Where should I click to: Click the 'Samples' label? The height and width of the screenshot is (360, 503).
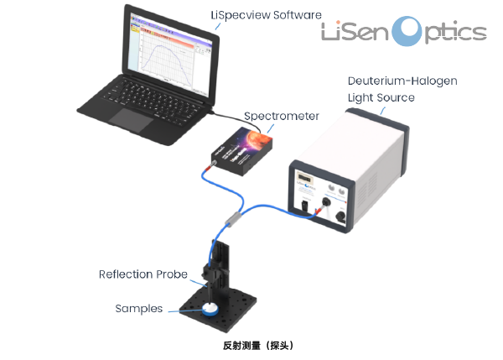138,309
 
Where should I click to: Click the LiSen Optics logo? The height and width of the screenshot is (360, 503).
404,32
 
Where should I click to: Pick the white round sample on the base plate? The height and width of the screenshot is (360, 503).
210,310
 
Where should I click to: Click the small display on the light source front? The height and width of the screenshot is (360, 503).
306,180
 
